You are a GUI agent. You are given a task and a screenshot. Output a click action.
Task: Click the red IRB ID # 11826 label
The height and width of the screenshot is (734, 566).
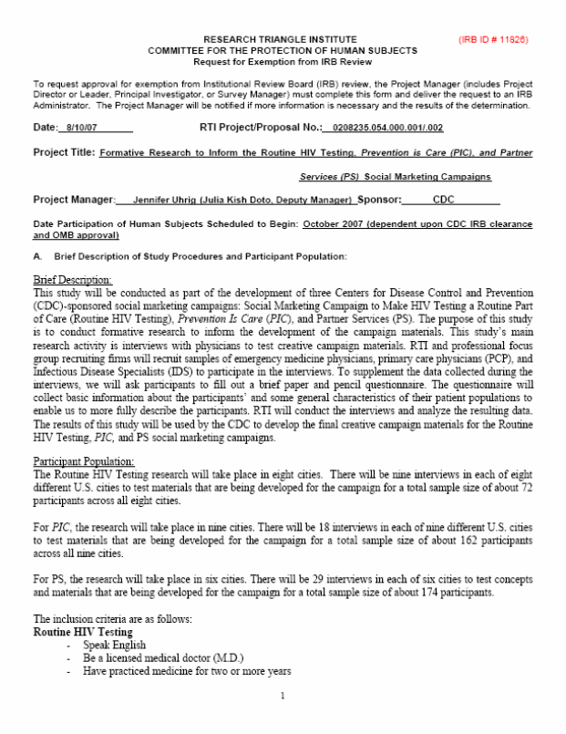(x=492, y=40)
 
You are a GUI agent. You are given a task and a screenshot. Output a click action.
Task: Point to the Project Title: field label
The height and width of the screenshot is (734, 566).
(x=64, y=152)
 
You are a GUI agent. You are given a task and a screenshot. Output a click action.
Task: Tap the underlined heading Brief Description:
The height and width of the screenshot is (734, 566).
(x=73, y=280)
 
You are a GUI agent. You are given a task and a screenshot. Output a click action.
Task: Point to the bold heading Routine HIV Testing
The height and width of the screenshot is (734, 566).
(x=82, y=631)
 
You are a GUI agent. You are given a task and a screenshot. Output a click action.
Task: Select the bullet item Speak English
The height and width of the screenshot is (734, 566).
(x=113, y=645)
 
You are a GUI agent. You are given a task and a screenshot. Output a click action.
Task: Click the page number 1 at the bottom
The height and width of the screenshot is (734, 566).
(x=283, y=698)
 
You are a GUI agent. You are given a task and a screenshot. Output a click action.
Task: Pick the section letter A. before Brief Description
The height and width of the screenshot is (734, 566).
(x=36, y=255)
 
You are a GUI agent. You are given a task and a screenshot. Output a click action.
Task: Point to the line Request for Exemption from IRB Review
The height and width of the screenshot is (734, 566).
(x=283, y=61)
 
